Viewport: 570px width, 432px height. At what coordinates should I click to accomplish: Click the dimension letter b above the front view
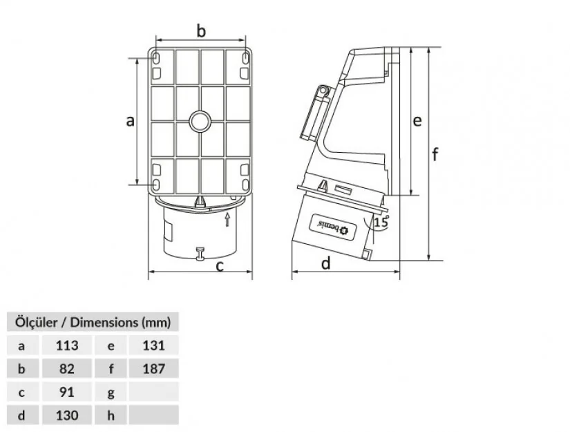pos(201,31)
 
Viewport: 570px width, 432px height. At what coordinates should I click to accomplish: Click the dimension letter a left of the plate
pos(130,121)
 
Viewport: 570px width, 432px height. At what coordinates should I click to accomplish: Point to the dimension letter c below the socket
pos(220,266)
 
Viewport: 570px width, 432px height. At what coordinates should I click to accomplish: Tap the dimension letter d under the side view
pos(326,263)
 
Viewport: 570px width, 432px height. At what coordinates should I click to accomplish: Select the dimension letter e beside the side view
pos(417,121)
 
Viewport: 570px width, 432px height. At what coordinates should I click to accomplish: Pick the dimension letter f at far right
pos(435,154)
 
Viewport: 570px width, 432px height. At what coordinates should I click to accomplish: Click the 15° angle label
pos(381,221)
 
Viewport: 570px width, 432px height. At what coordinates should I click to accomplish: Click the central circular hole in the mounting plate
pos(200,122)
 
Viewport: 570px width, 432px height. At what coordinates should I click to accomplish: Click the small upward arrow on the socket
pos(227,219)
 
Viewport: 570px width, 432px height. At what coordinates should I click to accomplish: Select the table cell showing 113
pos(67,345)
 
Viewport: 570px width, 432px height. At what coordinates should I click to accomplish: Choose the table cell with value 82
pos(67,368)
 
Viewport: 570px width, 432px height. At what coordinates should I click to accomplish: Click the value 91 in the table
pos(67,392)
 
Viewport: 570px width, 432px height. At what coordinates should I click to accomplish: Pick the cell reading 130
pos(67,415)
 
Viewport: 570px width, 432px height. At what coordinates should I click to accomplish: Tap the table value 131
pos(154,345)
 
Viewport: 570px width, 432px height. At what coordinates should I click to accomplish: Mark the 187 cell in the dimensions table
pos(154,368)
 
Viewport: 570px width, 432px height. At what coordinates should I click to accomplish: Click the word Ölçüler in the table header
pos(36,322)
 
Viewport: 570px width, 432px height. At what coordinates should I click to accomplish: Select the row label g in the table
pos(111,393)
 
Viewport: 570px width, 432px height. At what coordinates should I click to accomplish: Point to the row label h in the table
pos(111,415)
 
